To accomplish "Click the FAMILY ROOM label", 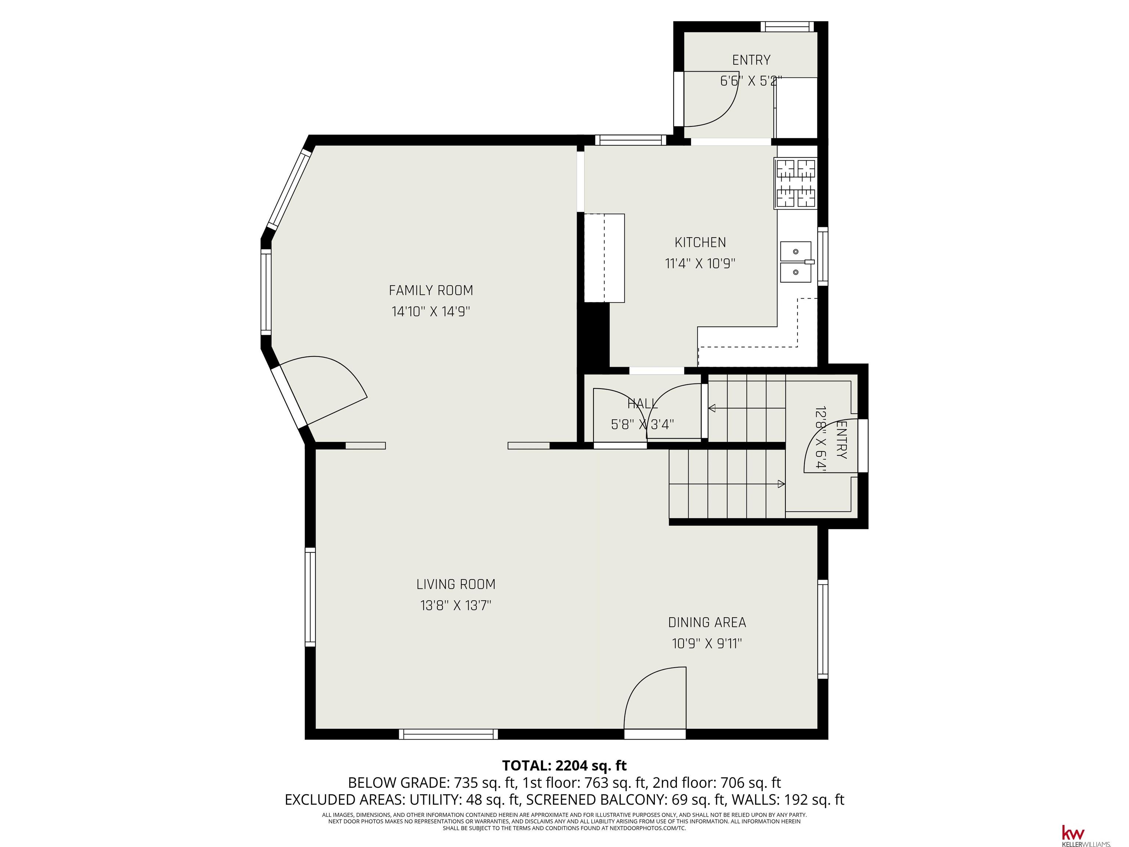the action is (431, 290).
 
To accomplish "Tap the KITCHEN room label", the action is (700, 243).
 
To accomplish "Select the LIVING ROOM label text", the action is (456, 584).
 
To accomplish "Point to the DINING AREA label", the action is (707, 622).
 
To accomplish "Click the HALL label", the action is (642, 404).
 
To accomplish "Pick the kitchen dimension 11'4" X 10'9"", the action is (700, 264).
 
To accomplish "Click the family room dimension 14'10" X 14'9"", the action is (431, 311).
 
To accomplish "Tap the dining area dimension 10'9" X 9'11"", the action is (707, 643).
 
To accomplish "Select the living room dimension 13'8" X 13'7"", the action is (456, 605).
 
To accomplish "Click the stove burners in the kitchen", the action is (796, 184).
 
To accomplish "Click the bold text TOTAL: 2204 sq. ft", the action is (564, 765).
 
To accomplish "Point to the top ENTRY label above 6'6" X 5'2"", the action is (751, 60).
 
